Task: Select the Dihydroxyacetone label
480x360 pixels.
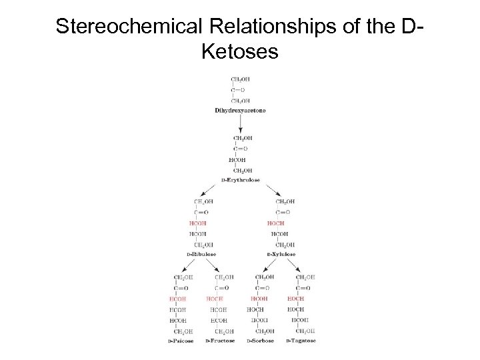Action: [240, 110]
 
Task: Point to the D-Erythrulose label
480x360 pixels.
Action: [241, 180]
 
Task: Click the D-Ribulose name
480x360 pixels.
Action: [204, 254]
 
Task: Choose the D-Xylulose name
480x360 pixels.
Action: [281, 254]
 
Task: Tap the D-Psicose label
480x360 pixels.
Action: [181, 341]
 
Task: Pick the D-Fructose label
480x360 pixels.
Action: [221, 341]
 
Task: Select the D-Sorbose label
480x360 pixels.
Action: [261, 341]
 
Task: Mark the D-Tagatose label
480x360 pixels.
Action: [301, 341]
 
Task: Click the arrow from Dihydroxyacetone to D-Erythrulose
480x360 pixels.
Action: [240, 123]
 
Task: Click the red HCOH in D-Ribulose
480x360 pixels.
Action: [198, 223]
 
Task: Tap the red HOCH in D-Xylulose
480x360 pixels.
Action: [276, 223]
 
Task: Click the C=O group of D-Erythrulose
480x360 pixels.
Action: [239, 149]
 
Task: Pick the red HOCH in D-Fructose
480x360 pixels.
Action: [215, 299]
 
